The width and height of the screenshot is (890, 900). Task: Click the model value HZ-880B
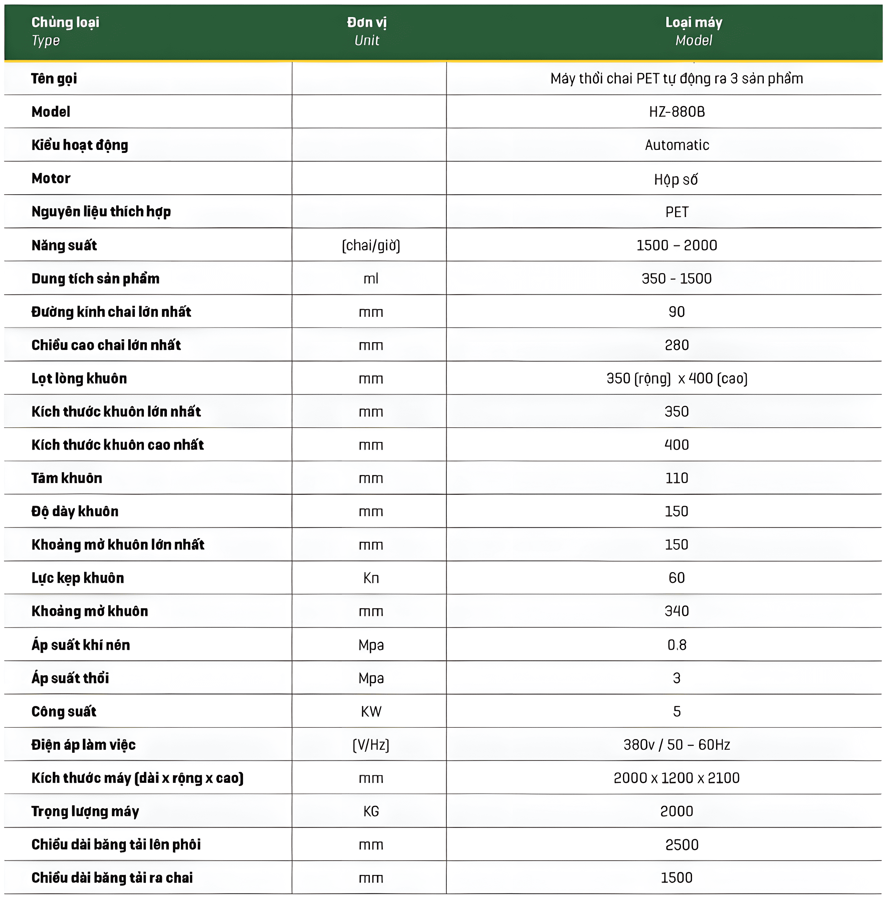pos(677,112)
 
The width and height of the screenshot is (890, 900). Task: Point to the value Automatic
pos(677,145)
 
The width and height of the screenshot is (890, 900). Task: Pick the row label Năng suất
pos(64,245)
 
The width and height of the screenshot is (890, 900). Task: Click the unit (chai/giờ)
pos(371,245)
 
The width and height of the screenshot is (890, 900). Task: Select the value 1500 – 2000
pos(677,245)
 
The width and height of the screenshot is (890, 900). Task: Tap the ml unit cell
pos(371,278)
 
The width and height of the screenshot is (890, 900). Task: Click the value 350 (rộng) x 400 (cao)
pos(677,379)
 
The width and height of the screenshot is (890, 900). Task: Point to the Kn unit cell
pos(371,578)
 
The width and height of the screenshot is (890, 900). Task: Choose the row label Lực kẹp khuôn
pos(78,578)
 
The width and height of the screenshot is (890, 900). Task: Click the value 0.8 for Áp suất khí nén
pos(677,645)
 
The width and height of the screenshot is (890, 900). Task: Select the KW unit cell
pos(371,711)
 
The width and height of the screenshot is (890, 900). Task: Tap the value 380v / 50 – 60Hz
pos(677,745)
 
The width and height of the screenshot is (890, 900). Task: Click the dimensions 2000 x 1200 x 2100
pos(677,778)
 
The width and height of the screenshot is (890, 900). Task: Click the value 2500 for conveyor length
pos(682,845)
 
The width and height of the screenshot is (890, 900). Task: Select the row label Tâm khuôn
pos(66,478)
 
